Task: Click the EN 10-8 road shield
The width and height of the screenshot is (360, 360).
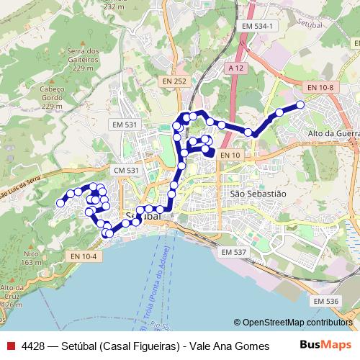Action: click(320, 87)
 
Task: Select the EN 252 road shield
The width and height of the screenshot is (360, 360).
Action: click(174, 81)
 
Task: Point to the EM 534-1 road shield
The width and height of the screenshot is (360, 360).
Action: click(261, 25)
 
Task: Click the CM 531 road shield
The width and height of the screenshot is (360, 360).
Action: click(125, 170)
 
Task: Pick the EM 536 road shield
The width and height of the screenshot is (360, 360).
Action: click(326, 301)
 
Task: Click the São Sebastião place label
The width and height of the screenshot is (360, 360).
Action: click(258, 194)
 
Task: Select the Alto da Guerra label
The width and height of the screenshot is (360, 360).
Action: click(333, 133)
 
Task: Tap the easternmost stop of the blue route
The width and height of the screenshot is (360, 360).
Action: click(300, 105)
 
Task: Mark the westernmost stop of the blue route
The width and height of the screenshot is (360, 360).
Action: click(60, 204)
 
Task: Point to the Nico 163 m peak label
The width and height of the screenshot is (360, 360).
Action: click(29, 257)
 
